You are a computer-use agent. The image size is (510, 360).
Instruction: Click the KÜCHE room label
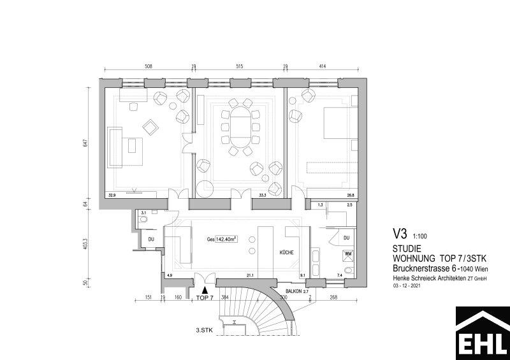(286, 253)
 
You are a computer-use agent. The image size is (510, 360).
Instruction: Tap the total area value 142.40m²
(226, 240)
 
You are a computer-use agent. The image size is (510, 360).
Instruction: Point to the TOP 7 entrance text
(204, 298)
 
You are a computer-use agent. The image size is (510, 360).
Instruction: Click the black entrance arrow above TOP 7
(204, 289)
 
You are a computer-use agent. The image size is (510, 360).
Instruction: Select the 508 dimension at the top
(149, 66)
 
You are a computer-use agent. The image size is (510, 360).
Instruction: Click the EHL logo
(482, 333)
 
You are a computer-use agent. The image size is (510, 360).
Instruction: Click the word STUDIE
(406, 249)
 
